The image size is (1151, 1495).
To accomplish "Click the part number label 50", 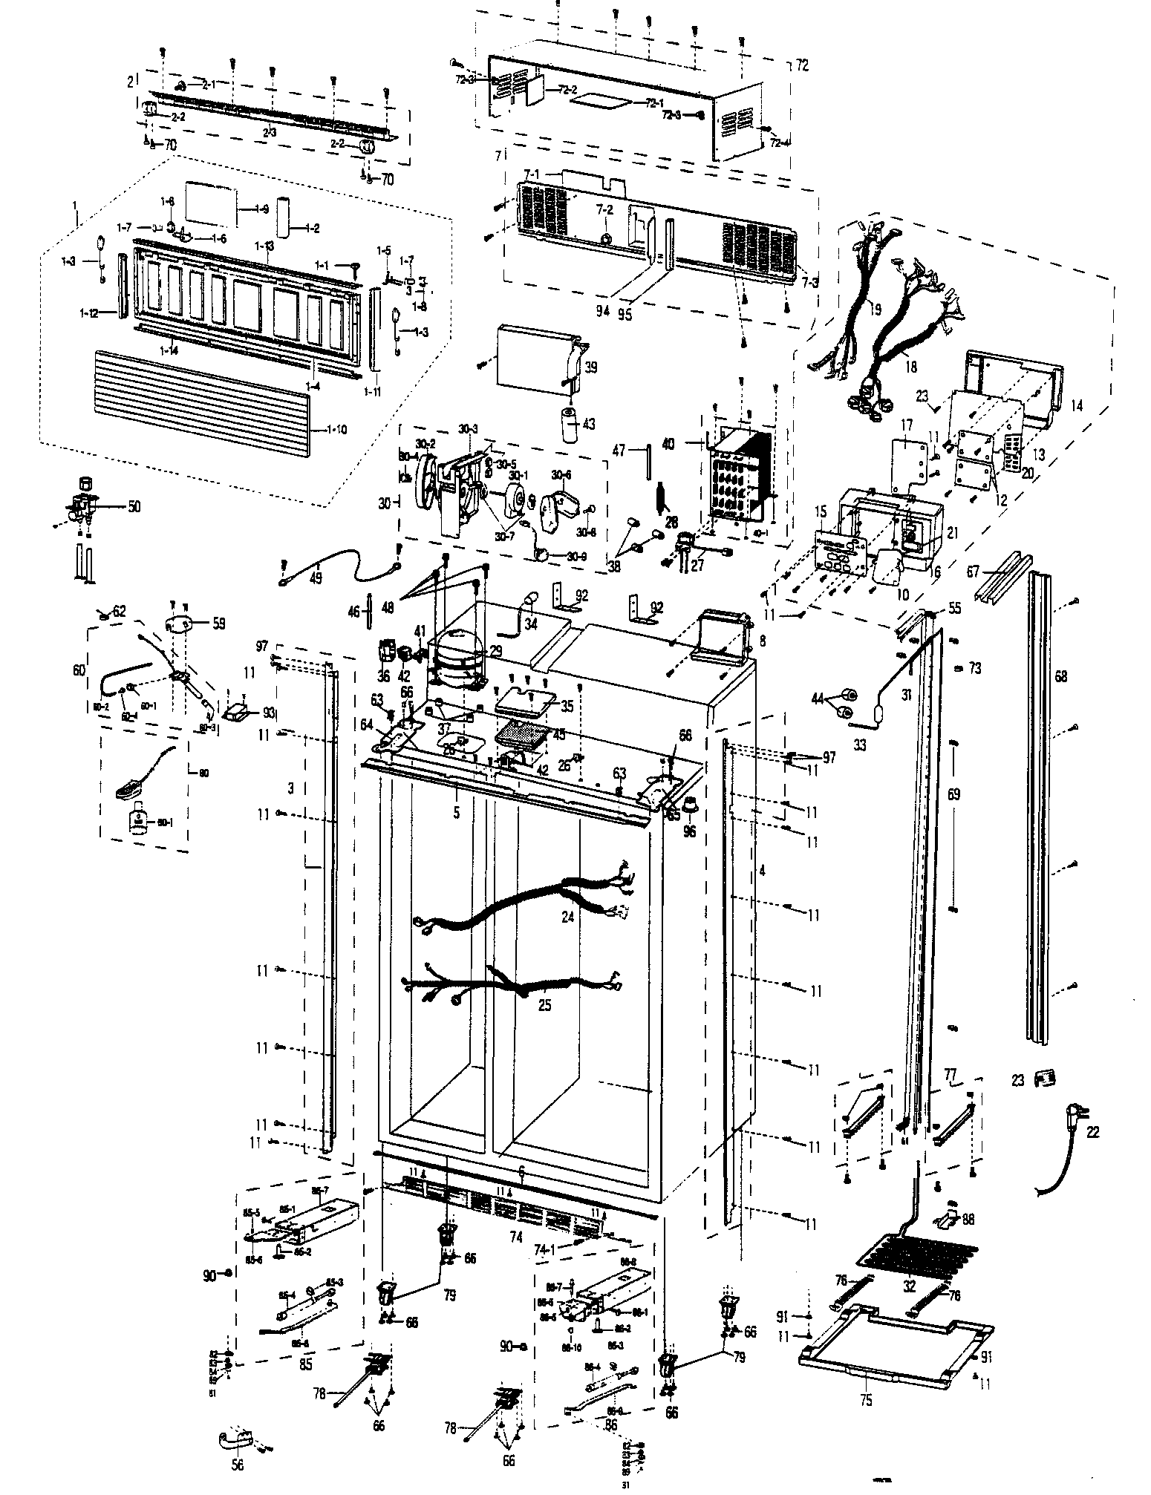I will [134, 508].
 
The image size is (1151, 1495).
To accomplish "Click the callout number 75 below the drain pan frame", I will [866, 1400].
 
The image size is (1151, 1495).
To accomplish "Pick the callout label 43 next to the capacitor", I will [589, 424].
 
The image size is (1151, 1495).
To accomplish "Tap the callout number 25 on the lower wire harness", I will [545, 1007].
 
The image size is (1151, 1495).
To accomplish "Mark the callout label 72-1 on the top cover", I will [653, 103].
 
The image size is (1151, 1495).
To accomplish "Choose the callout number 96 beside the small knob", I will [690, 831].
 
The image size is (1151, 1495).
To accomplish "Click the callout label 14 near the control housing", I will [1077, 406].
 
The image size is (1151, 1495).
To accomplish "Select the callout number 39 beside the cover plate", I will [590, 367].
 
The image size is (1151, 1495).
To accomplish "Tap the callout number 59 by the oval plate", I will [220, 623].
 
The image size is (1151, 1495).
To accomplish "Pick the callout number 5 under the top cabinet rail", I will [456, 813].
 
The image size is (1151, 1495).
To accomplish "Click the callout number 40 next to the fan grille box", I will [668, 444].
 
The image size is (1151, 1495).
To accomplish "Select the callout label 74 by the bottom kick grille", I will [516, 1237].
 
